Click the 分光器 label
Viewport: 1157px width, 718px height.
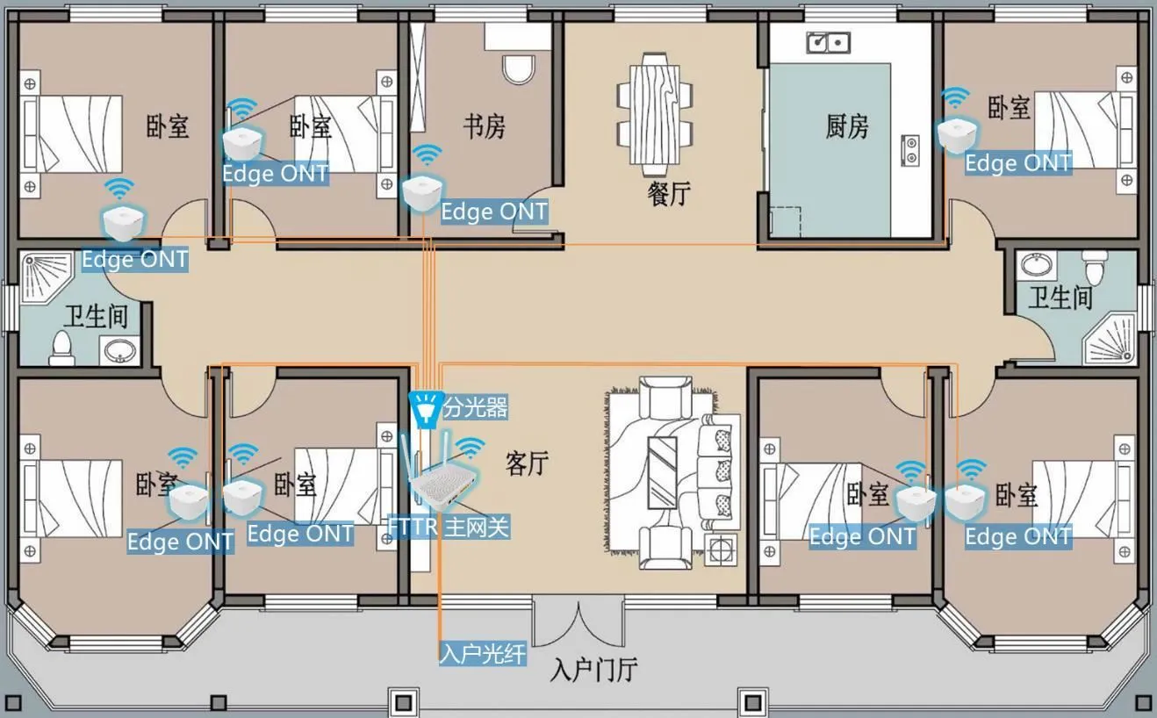(x=475, y=407)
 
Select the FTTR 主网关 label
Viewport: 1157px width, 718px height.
(x=449, y=528)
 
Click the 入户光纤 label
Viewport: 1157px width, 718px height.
(x=483, y=654)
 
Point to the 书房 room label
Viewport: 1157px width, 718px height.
(x=484, y=126)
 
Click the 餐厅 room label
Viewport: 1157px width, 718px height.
(x=669, y=194)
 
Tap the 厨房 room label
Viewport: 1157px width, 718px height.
(x=847, y=126)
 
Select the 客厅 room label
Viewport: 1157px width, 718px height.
(x=527, y=463)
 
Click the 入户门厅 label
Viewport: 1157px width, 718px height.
(x=594, y=670)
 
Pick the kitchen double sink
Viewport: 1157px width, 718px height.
(x=829, y=42)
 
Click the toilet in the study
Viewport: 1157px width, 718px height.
(x=518, y=68)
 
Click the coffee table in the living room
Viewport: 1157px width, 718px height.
(x=662, y=472)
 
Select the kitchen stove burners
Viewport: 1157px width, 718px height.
(x=910, y=150)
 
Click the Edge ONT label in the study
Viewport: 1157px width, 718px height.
(x=494, y=212)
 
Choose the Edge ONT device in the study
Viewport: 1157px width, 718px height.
(x=423, y=193)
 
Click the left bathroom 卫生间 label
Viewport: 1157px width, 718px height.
(x=96, y=316)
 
